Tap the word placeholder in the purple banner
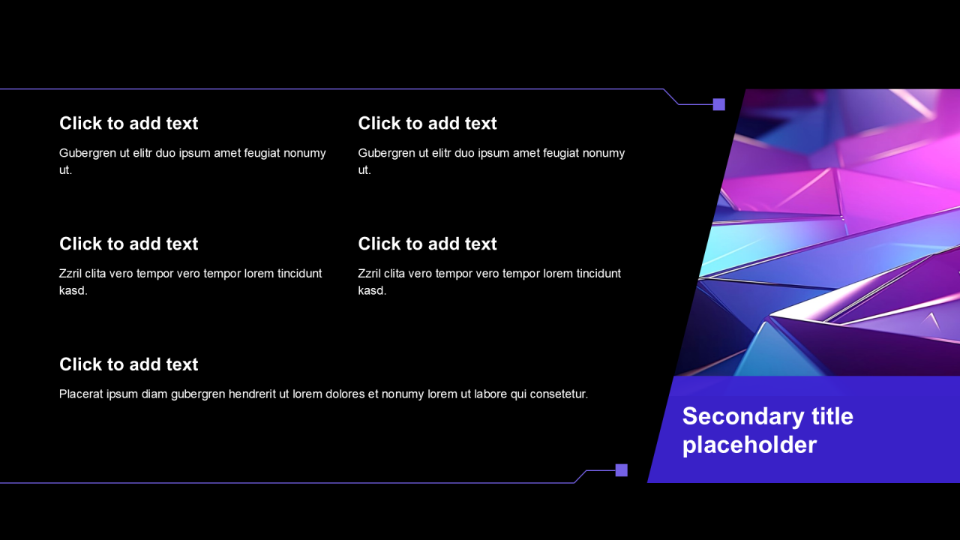749,445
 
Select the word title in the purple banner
832,416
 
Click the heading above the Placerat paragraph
128,364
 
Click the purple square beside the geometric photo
718,104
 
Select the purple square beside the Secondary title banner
622,470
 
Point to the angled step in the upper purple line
671,97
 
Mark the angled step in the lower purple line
580,476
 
